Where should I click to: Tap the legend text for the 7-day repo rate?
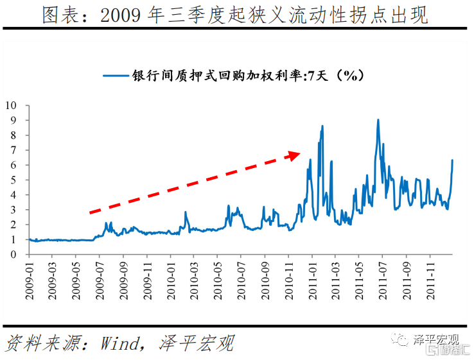pos(248,76)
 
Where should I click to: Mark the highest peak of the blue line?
pos(378,120)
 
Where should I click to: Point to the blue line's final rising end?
pos(452,160)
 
